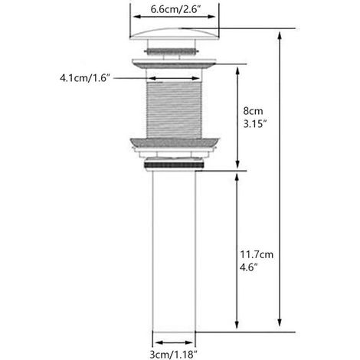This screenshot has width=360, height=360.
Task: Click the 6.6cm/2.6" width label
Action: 175,10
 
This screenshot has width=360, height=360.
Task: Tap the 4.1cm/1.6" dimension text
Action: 85,78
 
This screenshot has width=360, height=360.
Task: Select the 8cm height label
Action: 253,111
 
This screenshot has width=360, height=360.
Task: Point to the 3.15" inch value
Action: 255,124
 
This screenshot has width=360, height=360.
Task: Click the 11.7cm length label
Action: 257,254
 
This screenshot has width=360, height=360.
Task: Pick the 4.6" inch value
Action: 248,267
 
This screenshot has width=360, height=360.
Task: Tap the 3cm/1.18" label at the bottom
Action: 174,355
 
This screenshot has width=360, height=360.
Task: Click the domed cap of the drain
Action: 175,34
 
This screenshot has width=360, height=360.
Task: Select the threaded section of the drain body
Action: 174,110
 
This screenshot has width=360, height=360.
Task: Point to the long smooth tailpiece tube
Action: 174,251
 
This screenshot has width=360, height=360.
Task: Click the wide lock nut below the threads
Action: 175,142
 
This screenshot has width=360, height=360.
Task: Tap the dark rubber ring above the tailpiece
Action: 174,165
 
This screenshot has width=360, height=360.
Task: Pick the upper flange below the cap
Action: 174,64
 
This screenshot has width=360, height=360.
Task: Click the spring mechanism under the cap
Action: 171,51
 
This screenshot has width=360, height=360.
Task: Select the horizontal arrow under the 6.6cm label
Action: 175,17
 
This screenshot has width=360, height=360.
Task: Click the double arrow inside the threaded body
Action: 174,78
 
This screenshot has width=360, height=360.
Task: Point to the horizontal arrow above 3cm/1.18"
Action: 174,342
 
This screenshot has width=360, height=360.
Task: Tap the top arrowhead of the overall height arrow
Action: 280,35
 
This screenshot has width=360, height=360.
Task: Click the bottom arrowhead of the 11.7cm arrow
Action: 237,324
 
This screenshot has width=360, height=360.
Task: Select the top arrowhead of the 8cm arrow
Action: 237,71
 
